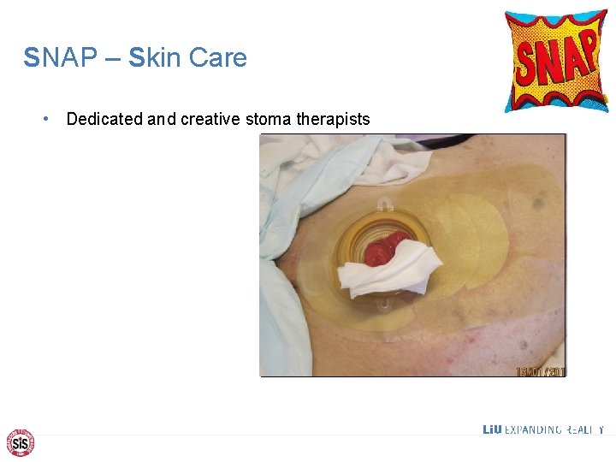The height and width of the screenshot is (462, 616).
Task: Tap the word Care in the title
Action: pyautogui.click(x=217, y=58)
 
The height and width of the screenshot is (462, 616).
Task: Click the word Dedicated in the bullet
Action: pyautogui.click(x=104, y=119)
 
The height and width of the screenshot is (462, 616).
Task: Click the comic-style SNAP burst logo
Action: pyautogui.click(x=555, y=60)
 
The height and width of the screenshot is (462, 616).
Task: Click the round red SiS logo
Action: pyautogui.click(x=20, y=442)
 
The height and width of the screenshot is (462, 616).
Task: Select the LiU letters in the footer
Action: pyautogui.click(x=492, y=429)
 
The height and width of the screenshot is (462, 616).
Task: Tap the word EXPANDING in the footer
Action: pyautogui.click(x=532, y=429)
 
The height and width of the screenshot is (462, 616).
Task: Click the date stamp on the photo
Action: pyautogui.click(x=540, y=371)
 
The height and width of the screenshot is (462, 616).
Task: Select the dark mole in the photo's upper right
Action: pyautogui.click(x=537, y=204)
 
